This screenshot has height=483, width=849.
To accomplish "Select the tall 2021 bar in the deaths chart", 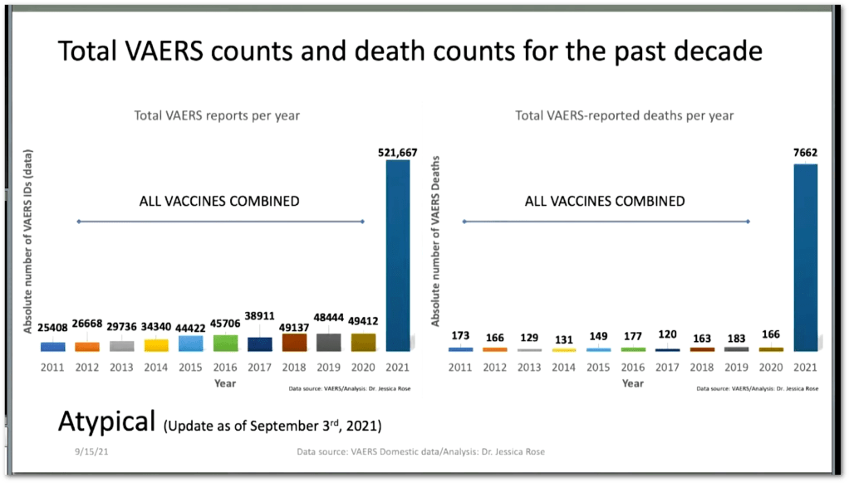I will (806, 257).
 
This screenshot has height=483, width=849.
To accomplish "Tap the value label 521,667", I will (398, 152).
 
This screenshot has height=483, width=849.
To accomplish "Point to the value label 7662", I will (806, 154).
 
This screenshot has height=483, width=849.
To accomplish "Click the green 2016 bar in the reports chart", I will (225, 343).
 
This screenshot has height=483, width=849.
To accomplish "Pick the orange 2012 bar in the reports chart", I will (86, 346).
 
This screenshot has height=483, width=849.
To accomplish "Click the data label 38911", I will (260, 316).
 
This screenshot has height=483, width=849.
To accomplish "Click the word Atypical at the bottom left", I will (106, 421).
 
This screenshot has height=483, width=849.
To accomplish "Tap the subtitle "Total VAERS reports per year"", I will (217, 116).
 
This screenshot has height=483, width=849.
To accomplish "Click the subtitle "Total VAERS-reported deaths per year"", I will (625, 116).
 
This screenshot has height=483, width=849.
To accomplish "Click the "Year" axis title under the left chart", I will (225, 383).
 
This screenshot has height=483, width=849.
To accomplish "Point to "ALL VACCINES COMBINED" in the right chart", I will (605, 202).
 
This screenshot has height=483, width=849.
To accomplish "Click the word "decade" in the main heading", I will (714, 51).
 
